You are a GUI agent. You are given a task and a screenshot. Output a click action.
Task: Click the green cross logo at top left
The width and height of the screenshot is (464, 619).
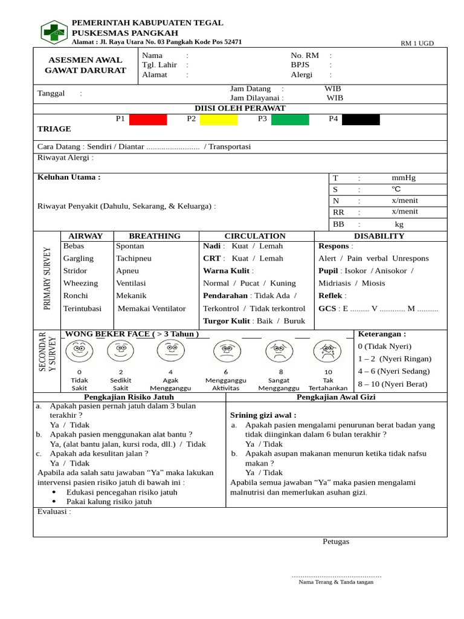point(54,32)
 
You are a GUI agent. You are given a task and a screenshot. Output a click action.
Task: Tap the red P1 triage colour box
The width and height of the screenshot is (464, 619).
point(148,119)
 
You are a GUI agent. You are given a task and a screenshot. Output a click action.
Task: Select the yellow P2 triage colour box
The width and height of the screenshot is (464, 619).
point(219,119)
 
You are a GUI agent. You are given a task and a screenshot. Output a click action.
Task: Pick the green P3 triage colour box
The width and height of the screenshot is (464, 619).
point(290,119)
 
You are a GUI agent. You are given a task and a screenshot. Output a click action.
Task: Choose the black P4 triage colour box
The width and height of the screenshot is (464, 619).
point(361,119)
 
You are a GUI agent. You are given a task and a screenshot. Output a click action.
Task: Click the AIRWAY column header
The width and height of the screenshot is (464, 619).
point(86,236)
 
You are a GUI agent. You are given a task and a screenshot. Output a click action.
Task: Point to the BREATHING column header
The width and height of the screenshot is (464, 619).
point(155,236)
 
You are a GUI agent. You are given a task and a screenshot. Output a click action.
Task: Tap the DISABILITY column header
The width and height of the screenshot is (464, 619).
point(379,236)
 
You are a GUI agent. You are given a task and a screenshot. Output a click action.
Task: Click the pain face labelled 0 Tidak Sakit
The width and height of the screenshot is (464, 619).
point(79,350)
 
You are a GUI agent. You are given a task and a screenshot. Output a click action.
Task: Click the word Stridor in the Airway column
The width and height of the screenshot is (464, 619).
point(75,271)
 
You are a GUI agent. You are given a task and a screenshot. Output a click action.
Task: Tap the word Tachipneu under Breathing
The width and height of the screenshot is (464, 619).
point(134,258)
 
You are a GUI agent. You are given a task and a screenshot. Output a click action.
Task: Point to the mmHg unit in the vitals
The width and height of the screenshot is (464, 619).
point(404,178)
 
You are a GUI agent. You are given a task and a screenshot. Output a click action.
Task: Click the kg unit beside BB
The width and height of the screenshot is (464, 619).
point(399,224)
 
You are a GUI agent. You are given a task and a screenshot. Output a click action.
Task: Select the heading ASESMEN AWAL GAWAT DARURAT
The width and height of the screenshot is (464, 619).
point(86,65)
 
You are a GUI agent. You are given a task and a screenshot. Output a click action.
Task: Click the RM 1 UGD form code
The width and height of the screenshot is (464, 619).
point(417,43)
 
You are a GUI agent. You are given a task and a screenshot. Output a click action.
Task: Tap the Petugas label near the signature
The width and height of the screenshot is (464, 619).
point(336,541)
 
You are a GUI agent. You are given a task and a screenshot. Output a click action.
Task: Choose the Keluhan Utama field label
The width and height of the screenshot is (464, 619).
point(69,177)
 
